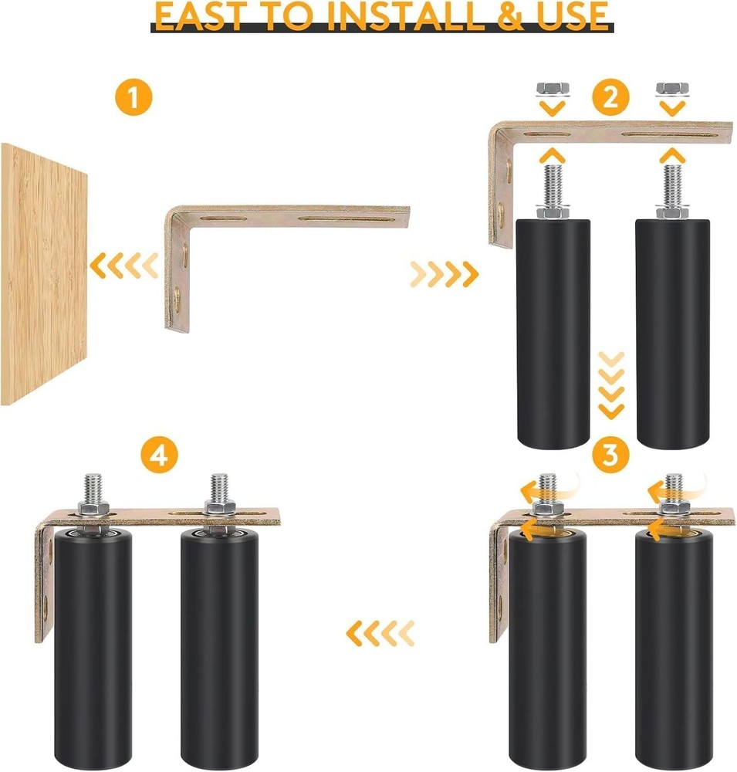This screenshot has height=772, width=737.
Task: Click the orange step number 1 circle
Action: pyautogui.click(x=134, y=100)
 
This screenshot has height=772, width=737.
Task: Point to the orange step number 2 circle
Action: pyautogui.click(x=610, y=98)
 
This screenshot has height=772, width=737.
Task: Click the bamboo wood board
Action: pyautogui.click(x=43, y=274)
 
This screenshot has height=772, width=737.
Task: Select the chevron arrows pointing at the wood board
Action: pyautogui.click(x=123, y=267)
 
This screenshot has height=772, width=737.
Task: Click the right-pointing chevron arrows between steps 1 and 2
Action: pyautogui.click(x=444, y=273)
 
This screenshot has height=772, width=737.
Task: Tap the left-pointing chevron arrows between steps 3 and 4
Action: pyautogui.click(x=380, y=634)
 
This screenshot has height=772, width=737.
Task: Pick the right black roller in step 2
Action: pyautogui.click(x=669, y=332)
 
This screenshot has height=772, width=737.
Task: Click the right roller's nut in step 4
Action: pyautogui.click(x=217, y=509)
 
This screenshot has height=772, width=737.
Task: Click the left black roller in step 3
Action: pyautogui.click(x=547, y=648)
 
